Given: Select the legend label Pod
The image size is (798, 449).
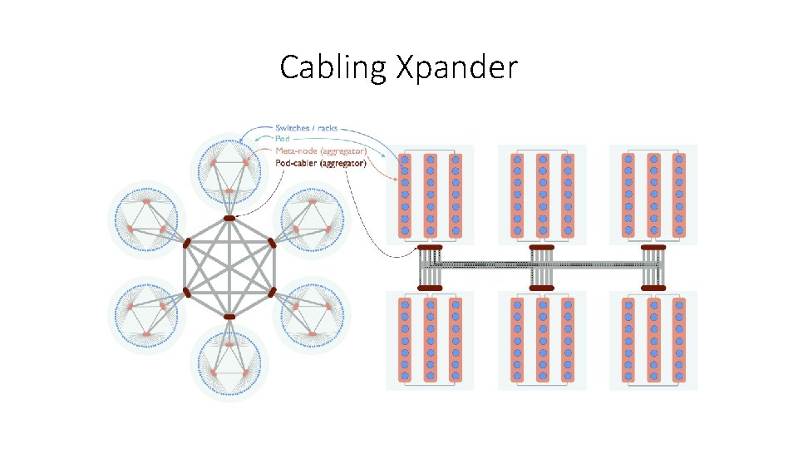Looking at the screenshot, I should click(x=283, y=139).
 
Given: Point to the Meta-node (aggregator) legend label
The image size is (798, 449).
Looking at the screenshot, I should click(x=320, y=150).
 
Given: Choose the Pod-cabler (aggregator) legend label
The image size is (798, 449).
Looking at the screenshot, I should click(x=320, y=164).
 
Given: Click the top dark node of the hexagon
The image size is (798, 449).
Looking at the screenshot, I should click(x=229, y=218).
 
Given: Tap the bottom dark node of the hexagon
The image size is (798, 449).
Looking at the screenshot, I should click(x=229, y=317).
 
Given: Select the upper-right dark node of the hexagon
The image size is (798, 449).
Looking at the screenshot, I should click(x=272, y=243).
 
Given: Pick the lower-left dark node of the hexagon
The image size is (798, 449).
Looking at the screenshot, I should click(x=187, y=293).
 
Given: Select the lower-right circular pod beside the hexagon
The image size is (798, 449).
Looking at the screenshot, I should click(x=313, y=316).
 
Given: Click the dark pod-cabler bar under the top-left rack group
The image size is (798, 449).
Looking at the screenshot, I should click(x=430, y=248).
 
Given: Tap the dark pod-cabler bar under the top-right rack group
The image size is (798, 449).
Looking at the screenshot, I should click(x=653, y=248).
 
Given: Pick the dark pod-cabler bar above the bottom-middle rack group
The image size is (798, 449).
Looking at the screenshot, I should click(x=542, y=288).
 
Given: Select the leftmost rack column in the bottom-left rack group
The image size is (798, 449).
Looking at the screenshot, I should click(x=406, y=340).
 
